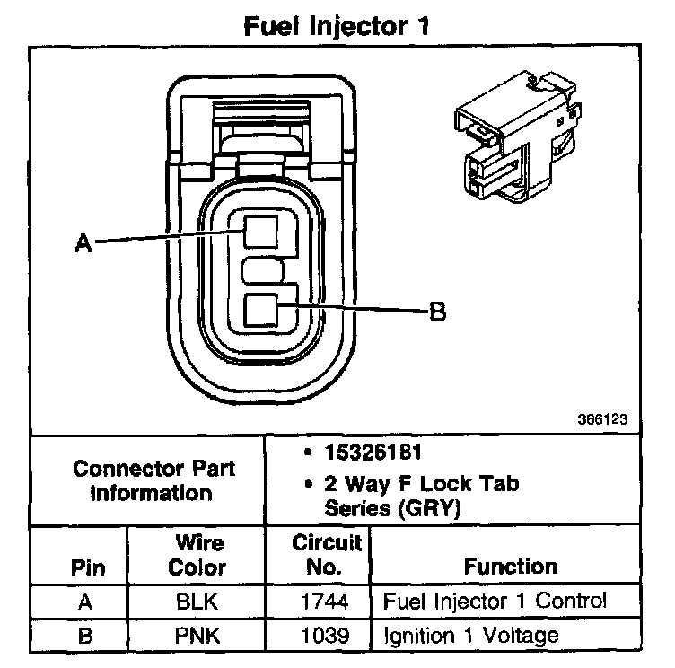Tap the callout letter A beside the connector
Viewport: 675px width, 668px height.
click(x=83, y=243)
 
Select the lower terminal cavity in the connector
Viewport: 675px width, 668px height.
click(x=261, y=311)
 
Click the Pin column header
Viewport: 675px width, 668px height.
click(x=86, y=567)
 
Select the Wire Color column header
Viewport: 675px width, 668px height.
click(x=198, y=556)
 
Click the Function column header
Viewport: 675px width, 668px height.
click(x=511, y=567)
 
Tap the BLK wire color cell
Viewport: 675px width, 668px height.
click(x=198, y=602)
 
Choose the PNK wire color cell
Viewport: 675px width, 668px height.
click(x=198, y=636)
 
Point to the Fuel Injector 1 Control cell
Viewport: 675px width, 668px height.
click(x=495, y=601)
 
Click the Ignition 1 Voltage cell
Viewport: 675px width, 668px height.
click(x=470, y=636)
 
